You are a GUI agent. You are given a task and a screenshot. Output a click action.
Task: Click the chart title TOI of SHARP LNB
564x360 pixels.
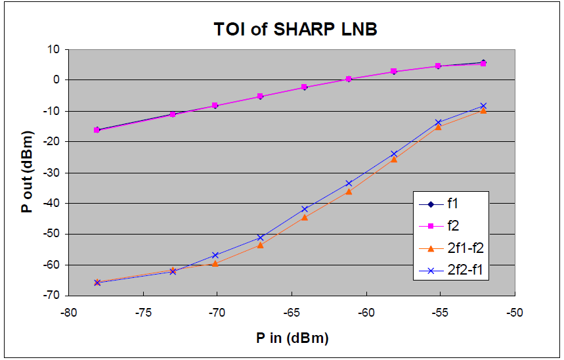click(295, 30)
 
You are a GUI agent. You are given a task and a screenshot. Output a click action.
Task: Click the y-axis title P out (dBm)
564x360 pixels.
click(25, 172)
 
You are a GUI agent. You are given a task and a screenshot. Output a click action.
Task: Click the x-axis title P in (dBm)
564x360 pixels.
click(292, 338)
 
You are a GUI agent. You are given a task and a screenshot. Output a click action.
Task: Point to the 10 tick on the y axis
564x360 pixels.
click(53, 49)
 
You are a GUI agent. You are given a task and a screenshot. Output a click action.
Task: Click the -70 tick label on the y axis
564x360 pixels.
click(51, 296)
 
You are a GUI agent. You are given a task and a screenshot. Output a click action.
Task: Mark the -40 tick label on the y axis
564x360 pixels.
click(51, 203)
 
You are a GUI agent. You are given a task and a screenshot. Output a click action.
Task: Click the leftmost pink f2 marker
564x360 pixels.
click(97, 130)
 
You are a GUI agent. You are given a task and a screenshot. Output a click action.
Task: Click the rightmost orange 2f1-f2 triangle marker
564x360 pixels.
click(483, 110)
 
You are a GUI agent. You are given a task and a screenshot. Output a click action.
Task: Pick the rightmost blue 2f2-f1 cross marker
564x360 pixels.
click(483, 105)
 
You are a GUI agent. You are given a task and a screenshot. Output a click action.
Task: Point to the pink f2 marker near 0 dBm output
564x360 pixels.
click(349, 79)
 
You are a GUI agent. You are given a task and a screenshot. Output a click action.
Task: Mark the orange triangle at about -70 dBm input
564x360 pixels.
click(215, 263)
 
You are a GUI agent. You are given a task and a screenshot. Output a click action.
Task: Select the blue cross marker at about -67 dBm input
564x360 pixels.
click(260, 237)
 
